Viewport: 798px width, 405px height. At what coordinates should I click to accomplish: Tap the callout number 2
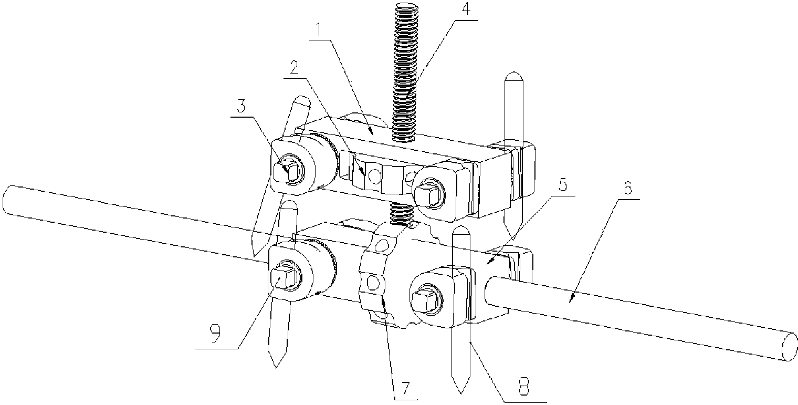click(293, 68)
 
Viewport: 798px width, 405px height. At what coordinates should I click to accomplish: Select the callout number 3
click(242, 106)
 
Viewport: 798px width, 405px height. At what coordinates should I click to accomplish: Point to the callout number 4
click(466, 9)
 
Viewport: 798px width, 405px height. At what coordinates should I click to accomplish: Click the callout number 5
click(563, 185)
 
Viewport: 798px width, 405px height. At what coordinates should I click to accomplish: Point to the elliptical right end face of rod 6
click(789, 346)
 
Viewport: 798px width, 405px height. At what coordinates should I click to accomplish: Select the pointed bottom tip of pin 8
click(460, 393)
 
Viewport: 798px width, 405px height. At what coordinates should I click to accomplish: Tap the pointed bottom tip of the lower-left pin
click(276, 367)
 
